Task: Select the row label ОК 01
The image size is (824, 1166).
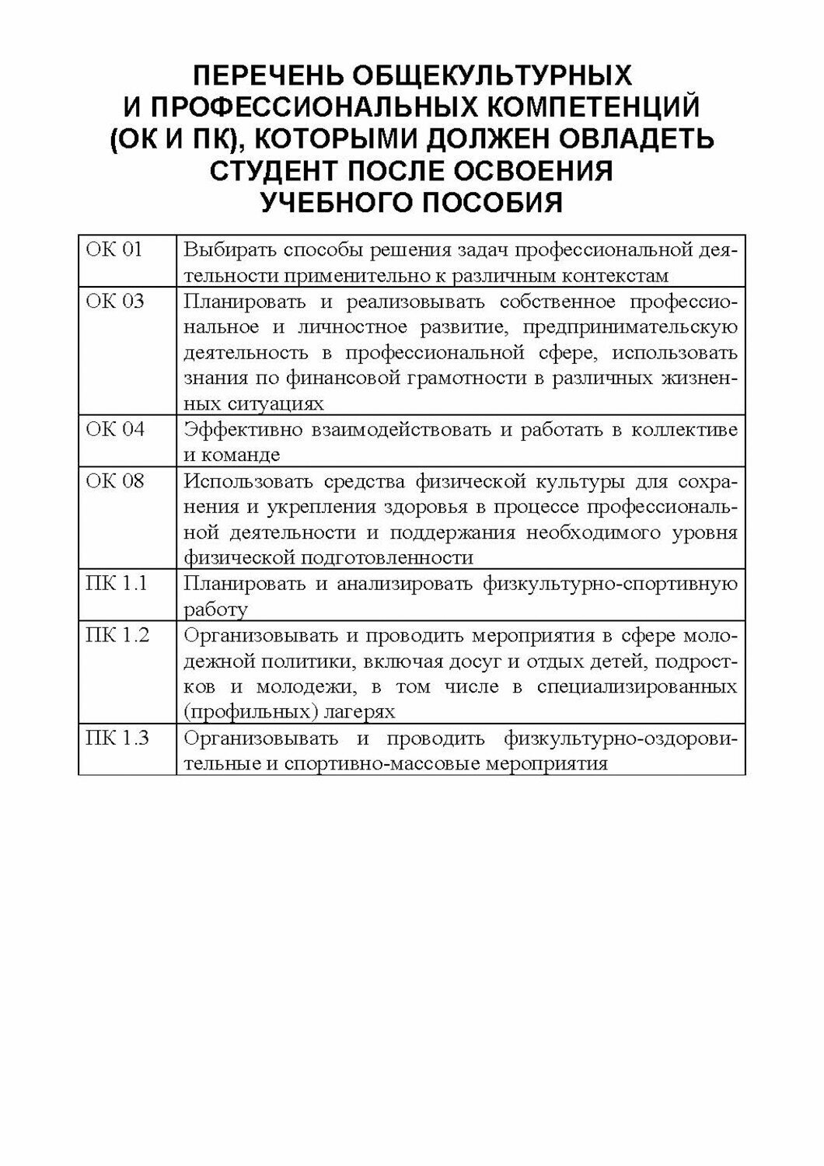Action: coord(113,250)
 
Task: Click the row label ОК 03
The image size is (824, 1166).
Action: coord(114,302)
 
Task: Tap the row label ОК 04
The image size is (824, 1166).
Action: coord(114,429)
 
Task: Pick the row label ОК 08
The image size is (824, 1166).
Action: coord(114,480)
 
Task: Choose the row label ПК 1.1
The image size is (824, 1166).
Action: coord(116,583)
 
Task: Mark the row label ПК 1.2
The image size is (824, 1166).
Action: coord(117,635)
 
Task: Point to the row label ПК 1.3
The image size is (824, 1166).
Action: coord(117,738)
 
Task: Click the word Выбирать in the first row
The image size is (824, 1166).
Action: coord(228,251)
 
